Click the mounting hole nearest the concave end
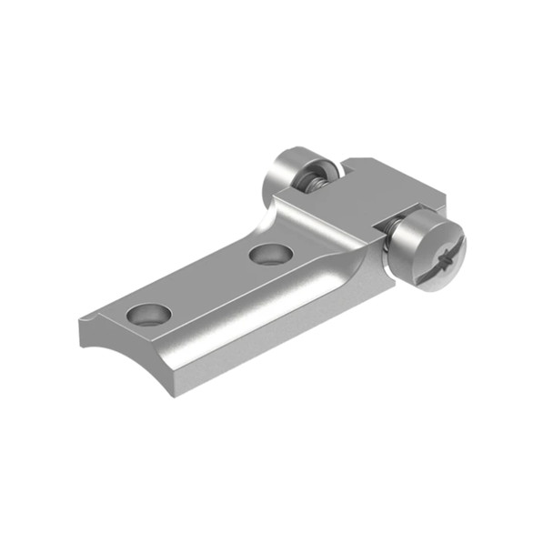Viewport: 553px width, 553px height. (149, 315)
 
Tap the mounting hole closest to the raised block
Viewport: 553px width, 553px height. (269, 254)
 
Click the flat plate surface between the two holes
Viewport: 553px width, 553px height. (209, 282)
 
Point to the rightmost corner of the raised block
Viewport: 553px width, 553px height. (446, 196)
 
